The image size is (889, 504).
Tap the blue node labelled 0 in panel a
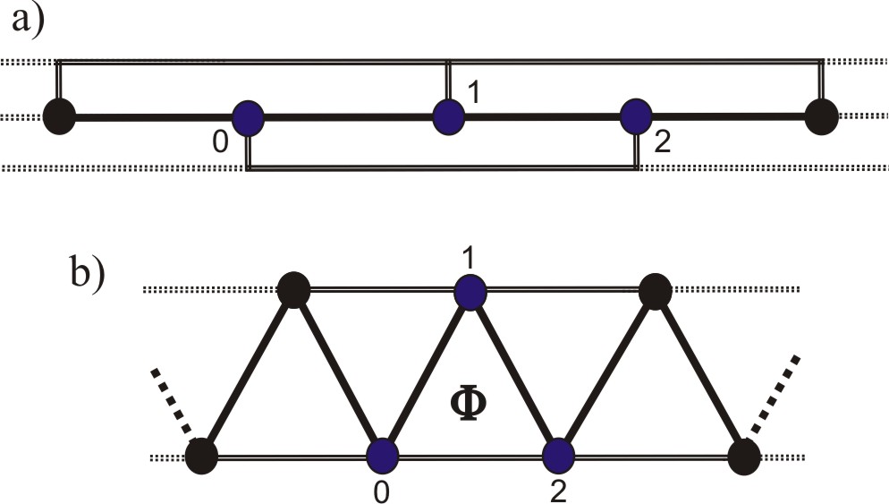click(249, 117)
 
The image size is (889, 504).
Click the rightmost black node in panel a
click(821, 116)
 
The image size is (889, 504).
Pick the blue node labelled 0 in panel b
click(382, 455)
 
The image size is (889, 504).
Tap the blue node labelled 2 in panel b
click(558, 455)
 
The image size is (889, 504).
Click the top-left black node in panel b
click(294, 290)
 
